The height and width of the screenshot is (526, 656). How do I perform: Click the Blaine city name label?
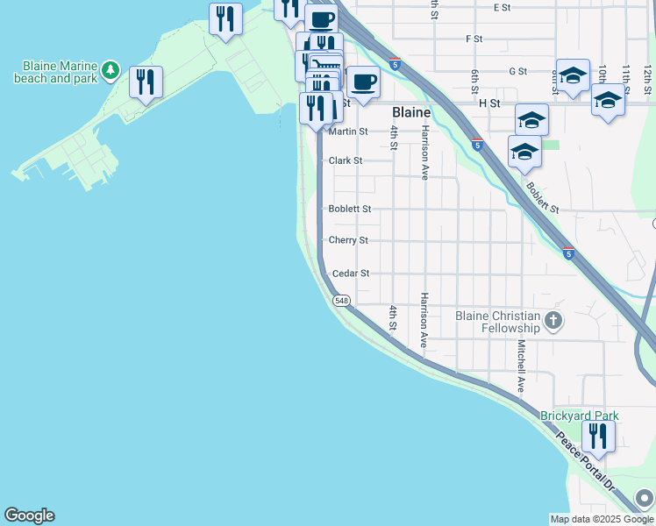pyautogui.click(x=410, y=113)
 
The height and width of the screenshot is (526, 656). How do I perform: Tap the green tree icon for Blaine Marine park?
pyautogui.click(x=110, y=69)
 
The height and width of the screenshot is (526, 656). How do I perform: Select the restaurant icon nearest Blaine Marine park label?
pyautogui.click(x=145, y=82)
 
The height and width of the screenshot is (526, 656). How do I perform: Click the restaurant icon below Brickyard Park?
pyautogui.click(x=598, y=436)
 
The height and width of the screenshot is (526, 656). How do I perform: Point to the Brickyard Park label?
pyautogui.click(x=579, y=416)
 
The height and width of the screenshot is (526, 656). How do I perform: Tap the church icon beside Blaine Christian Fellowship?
pyautogui.click(x=553, y=321)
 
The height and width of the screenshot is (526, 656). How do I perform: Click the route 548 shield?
pyautogui.click(x=342, y=301)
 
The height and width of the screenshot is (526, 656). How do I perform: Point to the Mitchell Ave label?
pyautogui.click(x=521, y=366)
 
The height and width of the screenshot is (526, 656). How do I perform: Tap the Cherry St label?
pyautogui.click(x=348, y=240)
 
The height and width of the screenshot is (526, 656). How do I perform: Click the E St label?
pyautogui.click(x=502, y=7)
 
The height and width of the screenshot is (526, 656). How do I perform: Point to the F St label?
pyautogui.click(x=474, y=39)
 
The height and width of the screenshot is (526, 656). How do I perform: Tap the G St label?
pyautogui.click(x=517, y=71)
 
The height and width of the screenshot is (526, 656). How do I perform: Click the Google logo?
pyautogui.click(x=29, y=515)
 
